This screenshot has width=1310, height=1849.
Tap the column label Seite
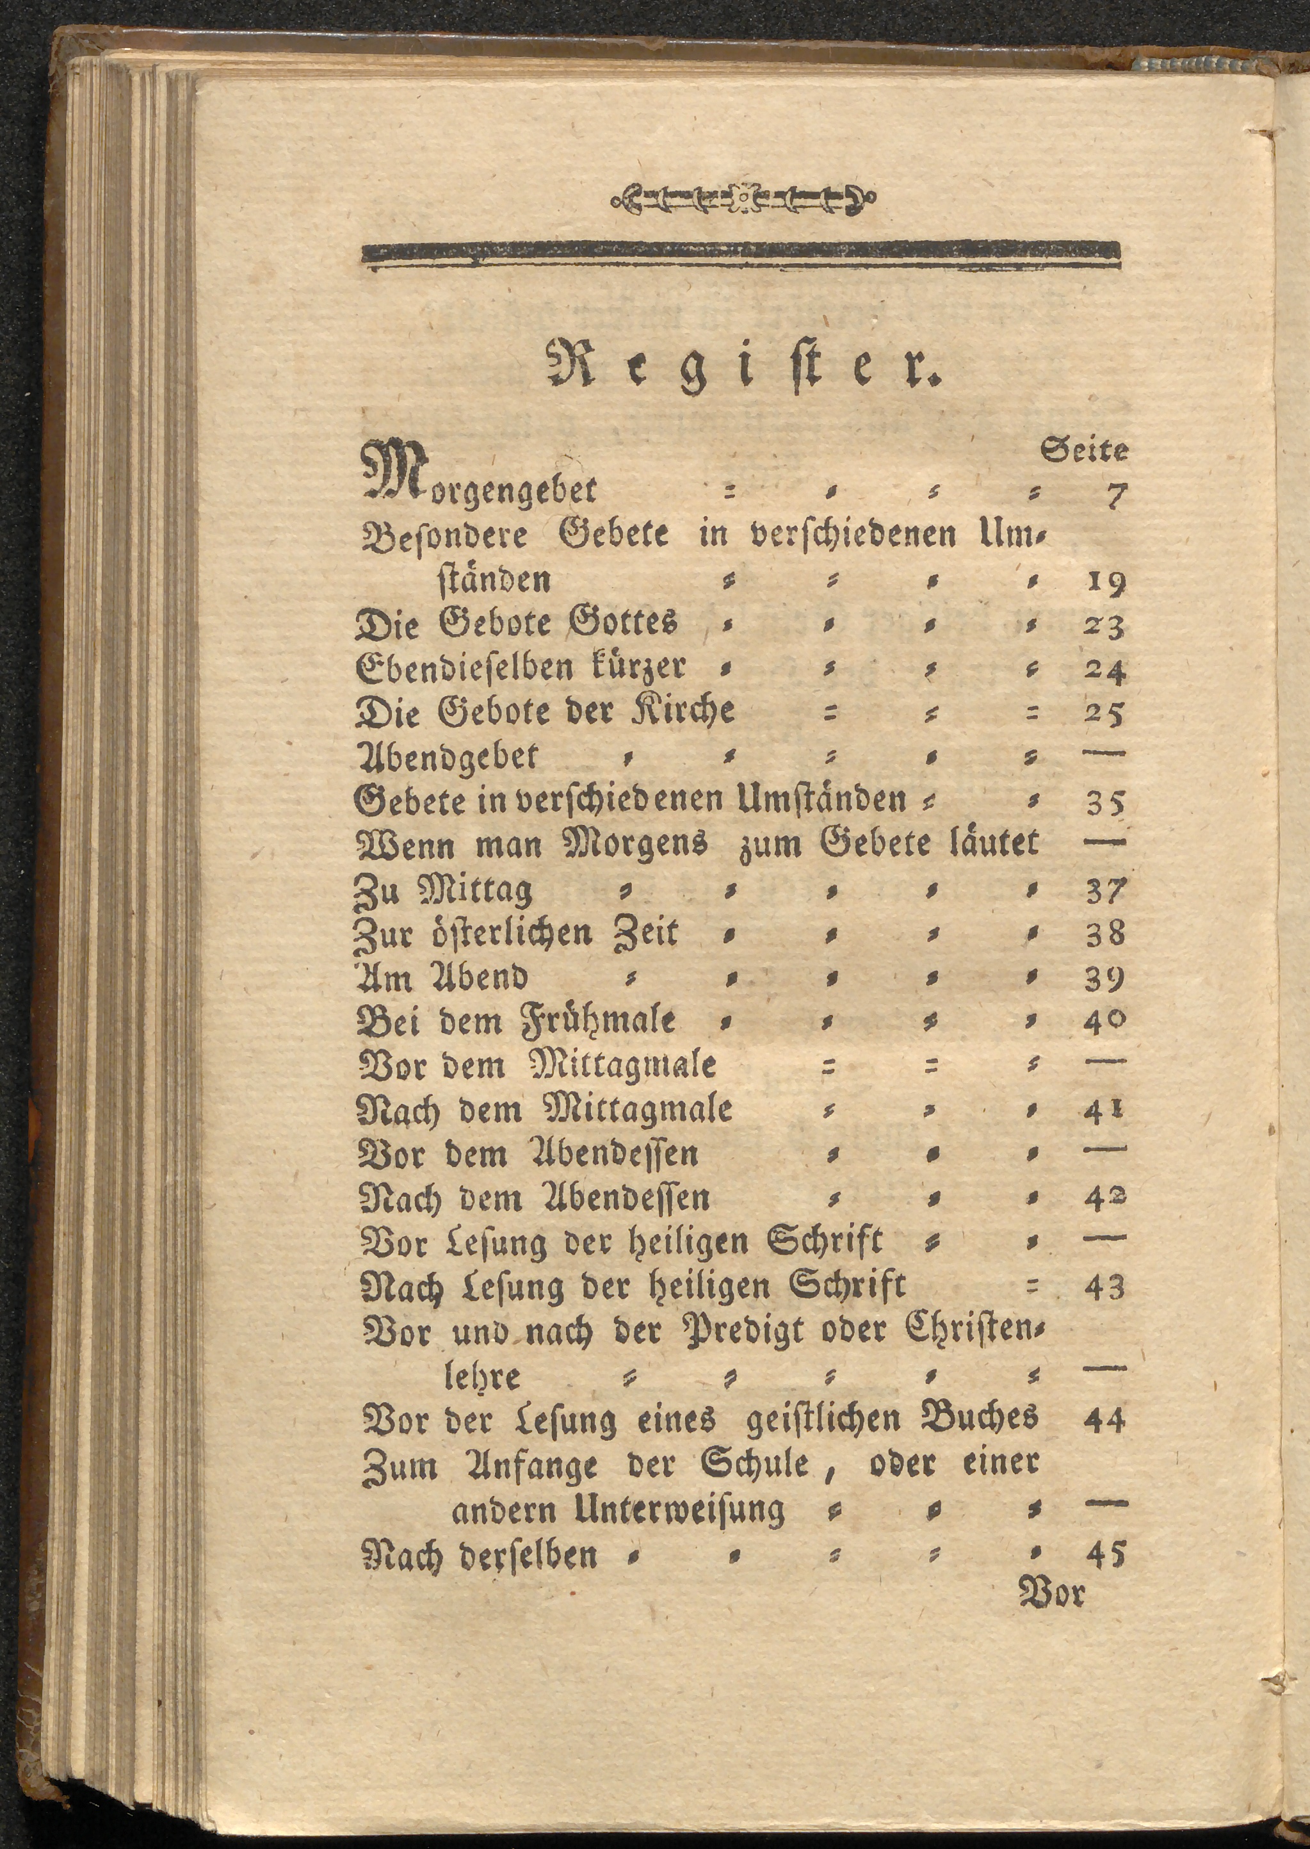point(1084,450)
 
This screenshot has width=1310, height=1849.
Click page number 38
point(1104,934)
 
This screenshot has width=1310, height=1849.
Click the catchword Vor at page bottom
point(1052,1593)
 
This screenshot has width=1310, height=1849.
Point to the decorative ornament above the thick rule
point(743,197)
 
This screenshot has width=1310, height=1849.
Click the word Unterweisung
point(679,1508)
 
